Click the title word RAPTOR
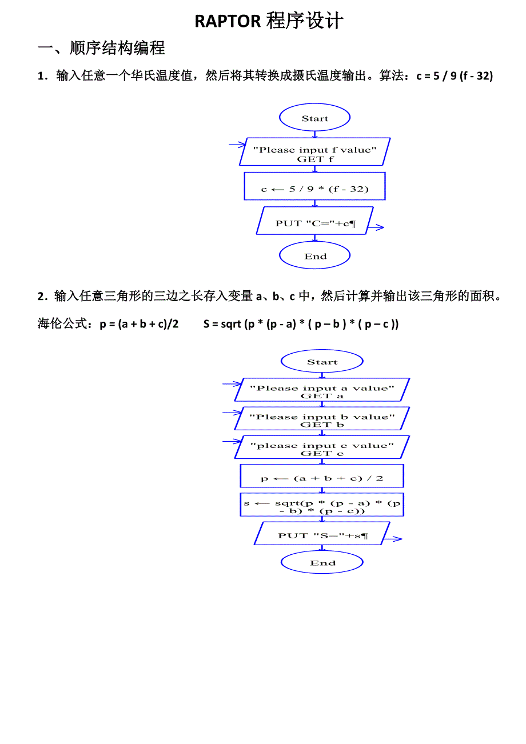(x=228, y=21)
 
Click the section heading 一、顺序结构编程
(x=101, y=48)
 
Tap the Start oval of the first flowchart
(x=314, y=117)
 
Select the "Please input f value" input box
(x=314, y=151)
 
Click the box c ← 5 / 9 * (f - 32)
(x=314, y=186)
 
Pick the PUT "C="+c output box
(x=314, y=221)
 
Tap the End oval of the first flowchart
(x=314, y=255)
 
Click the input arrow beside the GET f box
(x=237, y=145)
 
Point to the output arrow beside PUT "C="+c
(x=376, y=227)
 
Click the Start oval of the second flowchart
(x=322, y=361)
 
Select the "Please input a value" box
(x=322, y=390)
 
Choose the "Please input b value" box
(x=322, y=418)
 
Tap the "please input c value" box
(x=322, y=447)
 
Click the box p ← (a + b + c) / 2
(x=322, y=476)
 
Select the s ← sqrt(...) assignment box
(x=322, y=505)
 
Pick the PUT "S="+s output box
(x=322, y=533)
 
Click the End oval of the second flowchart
(x=322, y=562)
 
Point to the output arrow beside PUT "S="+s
(x=393, y=539)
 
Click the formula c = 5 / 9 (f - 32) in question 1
(x=455, y=76)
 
